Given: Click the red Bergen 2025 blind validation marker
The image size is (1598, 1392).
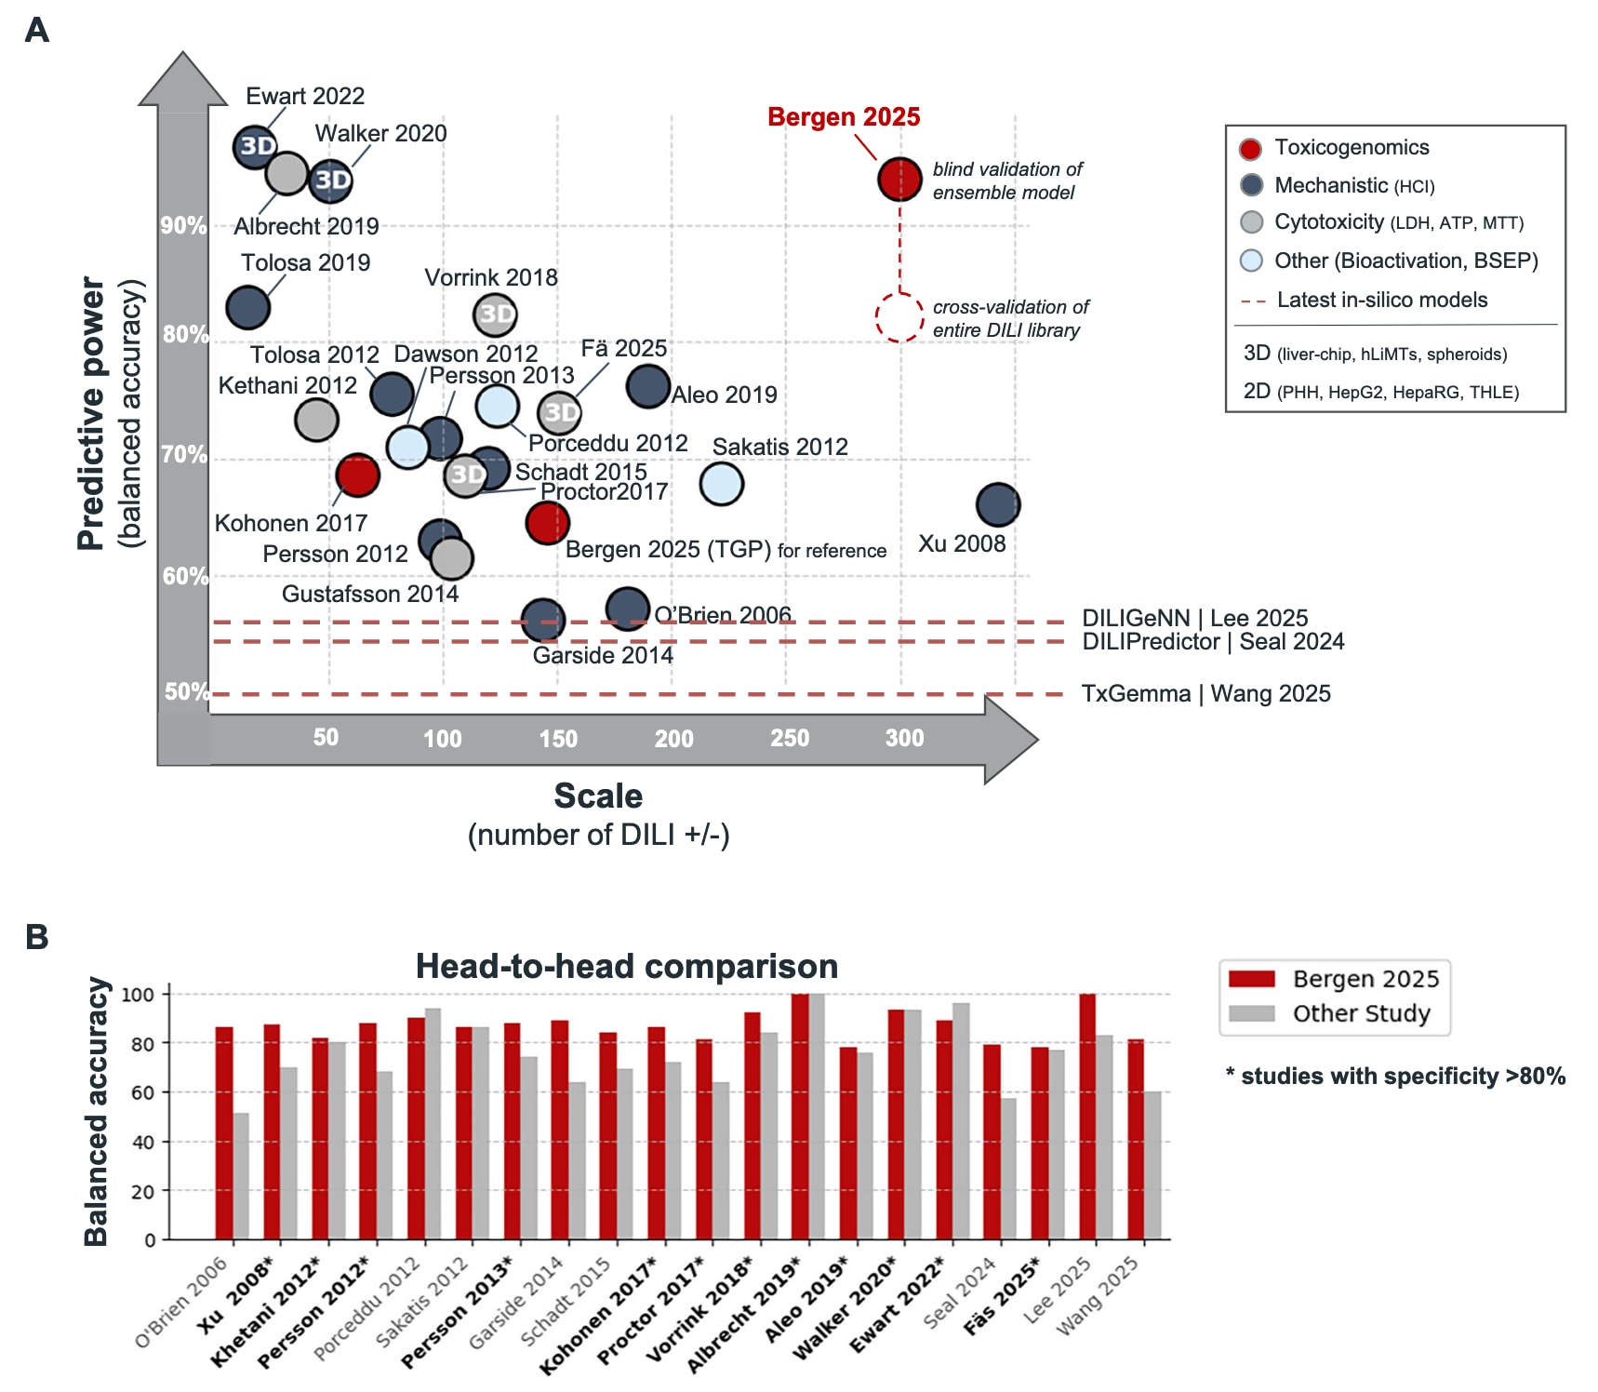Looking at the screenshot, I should pyautogui.click(x=899, y=179).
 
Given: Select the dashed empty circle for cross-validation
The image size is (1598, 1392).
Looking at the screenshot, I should pyautogui.click(x=899, y=317).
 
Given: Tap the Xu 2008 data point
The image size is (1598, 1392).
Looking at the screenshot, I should pyautogui.click(x=998, y=505).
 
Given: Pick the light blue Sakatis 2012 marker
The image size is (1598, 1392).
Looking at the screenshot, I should pyautogui.click(x=721, y=484).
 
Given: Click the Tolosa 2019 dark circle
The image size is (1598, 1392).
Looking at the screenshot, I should pyautogui.click(x=247, y=307).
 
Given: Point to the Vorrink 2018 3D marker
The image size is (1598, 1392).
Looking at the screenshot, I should pyautogui.click(x=495, y=315).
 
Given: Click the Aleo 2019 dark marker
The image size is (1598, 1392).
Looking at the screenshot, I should pyautogui.click(x=648, y=386).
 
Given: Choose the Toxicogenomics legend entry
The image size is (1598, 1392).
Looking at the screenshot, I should pyautogui.click(x=1351, y=148).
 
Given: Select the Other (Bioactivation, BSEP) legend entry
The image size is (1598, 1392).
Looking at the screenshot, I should pyautogui.click(x=1405, y=261).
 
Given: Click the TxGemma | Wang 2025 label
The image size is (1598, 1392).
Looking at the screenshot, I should pyautogui.click(x=1205, y=694).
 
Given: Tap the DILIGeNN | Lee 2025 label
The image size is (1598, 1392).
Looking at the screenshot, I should pyautogui.click(x=1194, y=618).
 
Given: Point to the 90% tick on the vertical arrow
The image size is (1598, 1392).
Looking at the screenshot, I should pyautogui.click(x=182, y=226).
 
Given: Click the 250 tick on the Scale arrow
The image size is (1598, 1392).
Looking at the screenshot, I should pyautogui.click(x=789, y=738).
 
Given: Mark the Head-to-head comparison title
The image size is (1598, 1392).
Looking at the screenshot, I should pyautogui.click(x=626, y=967).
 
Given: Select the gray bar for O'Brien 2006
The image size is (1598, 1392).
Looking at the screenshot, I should pyautogui.click(x=241, y=1176).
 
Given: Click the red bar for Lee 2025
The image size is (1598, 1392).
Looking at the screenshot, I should pyautogui.click(x=1087, y=1117).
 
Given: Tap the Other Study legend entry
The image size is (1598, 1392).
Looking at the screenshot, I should pyautogui.click(x=1361, y=1013).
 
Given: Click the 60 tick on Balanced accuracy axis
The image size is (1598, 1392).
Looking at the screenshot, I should pyautogui.click(x=143, y=1092).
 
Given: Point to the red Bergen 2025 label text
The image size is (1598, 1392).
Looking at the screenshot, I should pyautogui.click(x=843, y=117).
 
